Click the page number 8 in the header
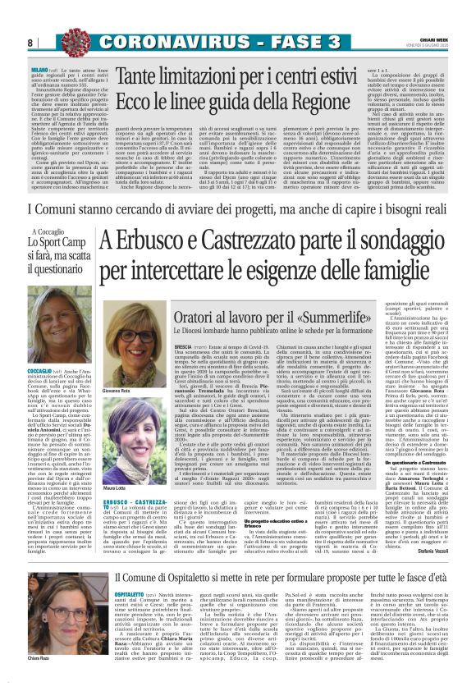coord(30,42)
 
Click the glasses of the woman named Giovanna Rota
coord(133,341)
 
